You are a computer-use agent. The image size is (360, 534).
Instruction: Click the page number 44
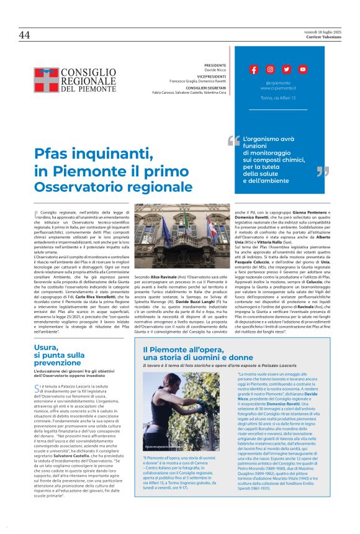[x=25, y=35]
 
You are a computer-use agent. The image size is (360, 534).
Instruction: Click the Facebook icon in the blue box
[x=254, y=70]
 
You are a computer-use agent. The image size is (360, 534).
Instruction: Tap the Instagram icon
[x=270, y=70]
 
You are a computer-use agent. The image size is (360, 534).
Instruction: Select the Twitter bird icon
[x=286, y=70]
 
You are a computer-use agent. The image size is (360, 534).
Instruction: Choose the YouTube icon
[x=302, y=70]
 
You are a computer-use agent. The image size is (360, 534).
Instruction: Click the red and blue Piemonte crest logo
[x=45, y=79]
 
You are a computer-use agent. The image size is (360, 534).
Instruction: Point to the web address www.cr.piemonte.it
[x=278, y=88]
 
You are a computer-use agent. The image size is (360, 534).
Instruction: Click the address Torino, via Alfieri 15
[x=278, y=98]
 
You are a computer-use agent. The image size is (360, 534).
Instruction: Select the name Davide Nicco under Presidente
[x=217, y=70]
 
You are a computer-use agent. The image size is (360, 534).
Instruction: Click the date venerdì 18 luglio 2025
[x=324, y=32]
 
